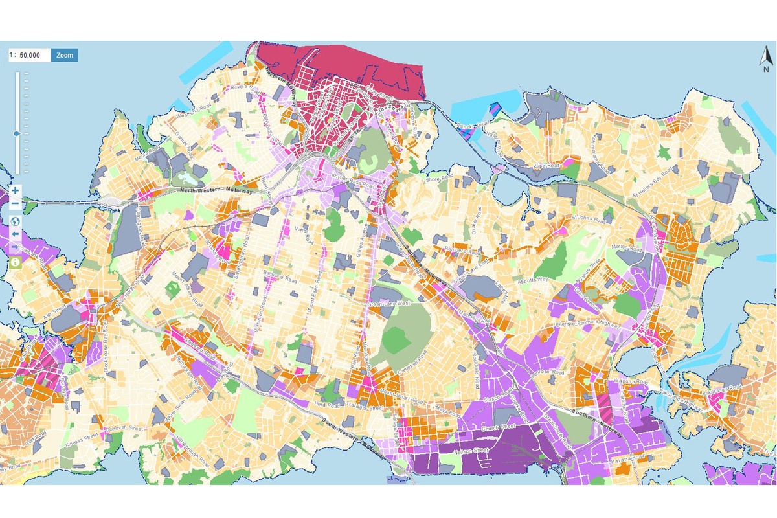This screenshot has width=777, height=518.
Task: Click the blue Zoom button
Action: tap(64, 55)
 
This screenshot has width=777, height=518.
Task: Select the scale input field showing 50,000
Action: tap(29, 55)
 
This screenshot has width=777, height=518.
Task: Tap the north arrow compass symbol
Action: tap(765, 59)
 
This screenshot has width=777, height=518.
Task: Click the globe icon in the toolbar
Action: tap(16, 220)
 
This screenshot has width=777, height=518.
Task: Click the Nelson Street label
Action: tap(471, 452)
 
